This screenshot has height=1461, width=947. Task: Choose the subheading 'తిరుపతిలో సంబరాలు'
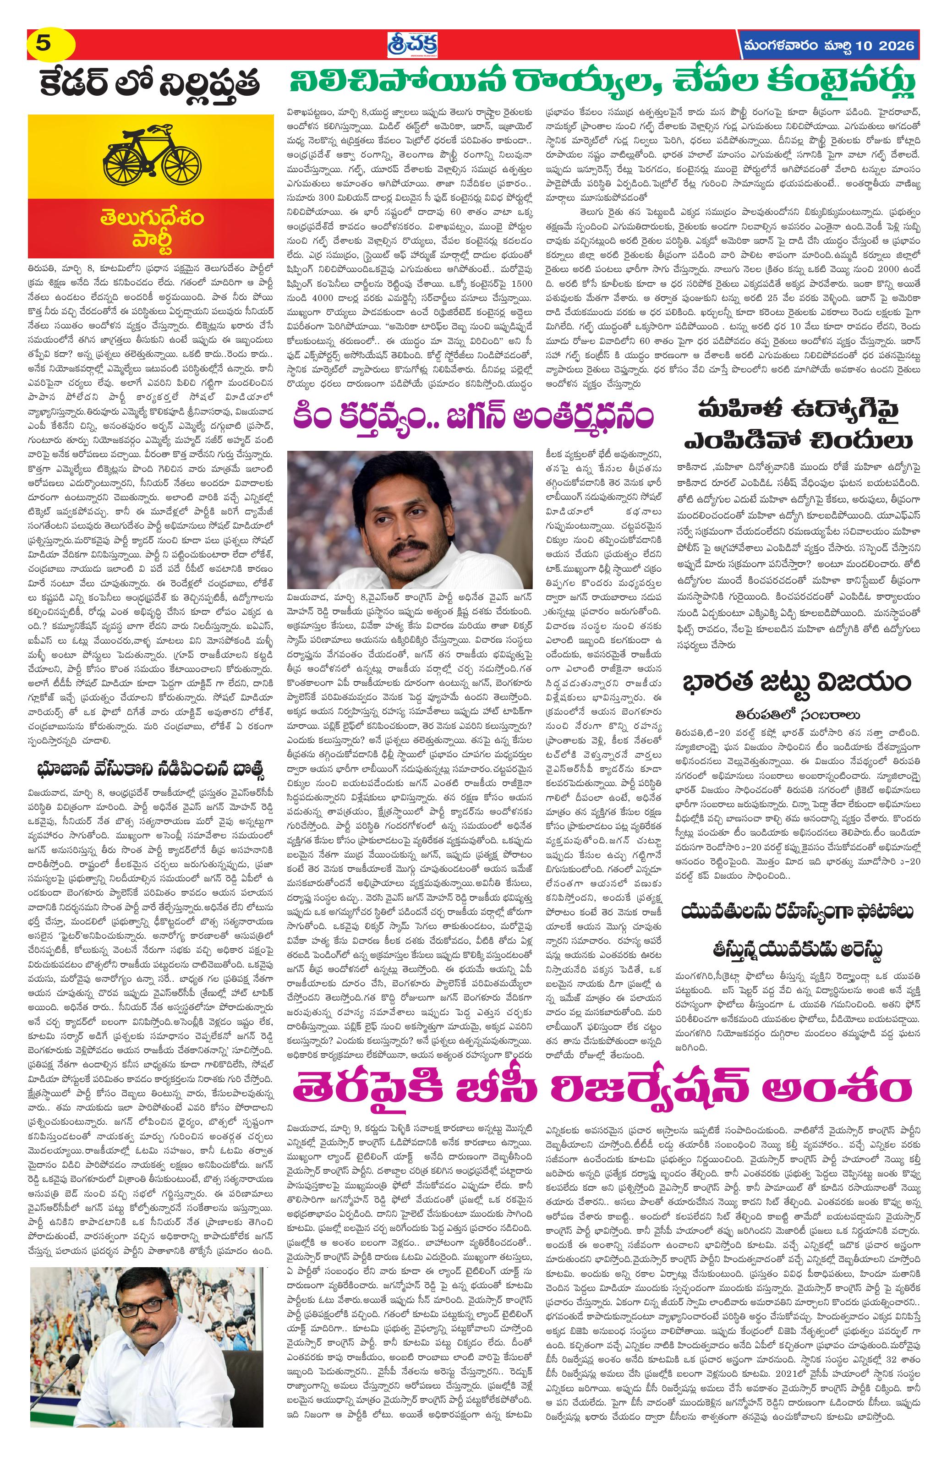(x=798, y=715)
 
